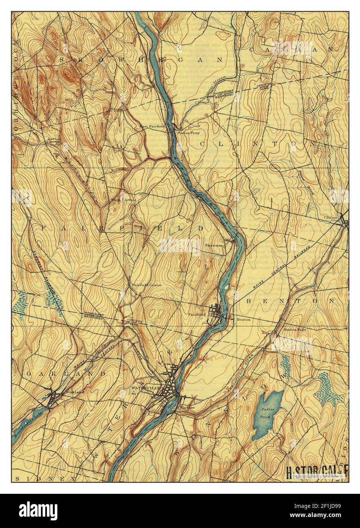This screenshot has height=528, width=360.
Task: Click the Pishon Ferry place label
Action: [x=189, y=133]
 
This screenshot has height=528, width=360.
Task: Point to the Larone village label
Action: [x=54, y=139]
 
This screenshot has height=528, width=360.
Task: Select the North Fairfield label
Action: [x=123, y=199]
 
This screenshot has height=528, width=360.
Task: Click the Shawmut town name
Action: [x=213, y=245]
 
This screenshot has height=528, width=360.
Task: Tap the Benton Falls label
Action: [x=295, y=329]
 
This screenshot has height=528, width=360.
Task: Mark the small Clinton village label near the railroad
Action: [x=330, y=217]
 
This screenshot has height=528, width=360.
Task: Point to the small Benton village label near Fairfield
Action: [x=243, y=319]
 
